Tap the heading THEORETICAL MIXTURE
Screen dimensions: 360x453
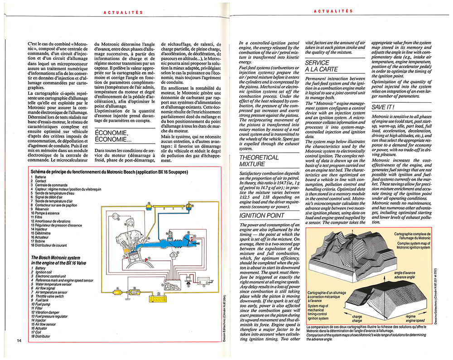click(259, 161)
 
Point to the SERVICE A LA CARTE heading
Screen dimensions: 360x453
click(320, 66)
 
